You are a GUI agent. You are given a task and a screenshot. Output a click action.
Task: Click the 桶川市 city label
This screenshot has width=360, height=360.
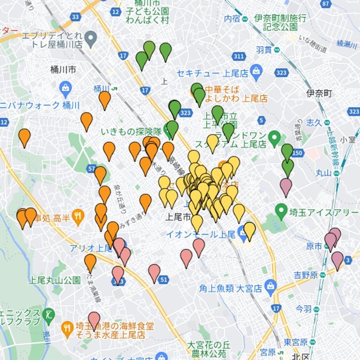(63, 69)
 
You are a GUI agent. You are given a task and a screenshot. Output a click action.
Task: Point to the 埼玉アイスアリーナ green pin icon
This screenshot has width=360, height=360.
(281, 210)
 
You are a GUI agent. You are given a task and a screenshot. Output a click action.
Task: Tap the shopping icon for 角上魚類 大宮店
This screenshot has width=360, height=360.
(271, 285)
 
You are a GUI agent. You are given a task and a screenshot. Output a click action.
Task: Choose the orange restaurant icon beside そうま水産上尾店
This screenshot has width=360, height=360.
(67, 328)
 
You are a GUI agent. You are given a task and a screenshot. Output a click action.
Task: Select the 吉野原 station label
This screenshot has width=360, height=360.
(306, 275)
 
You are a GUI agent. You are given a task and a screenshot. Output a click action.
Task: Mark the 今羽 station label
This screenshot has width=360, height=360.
(304, 309)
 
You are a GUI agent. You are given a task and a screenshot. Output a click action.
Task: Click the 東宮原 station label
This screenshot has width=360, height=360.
(296, 342)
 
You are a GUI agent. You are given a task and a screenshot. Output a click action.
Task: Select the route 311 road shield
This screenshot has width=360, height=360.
(239, 56)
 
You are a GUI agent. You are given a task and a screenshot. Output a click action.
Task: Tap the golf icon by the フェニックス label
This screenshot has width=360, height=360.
(48, 314)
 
